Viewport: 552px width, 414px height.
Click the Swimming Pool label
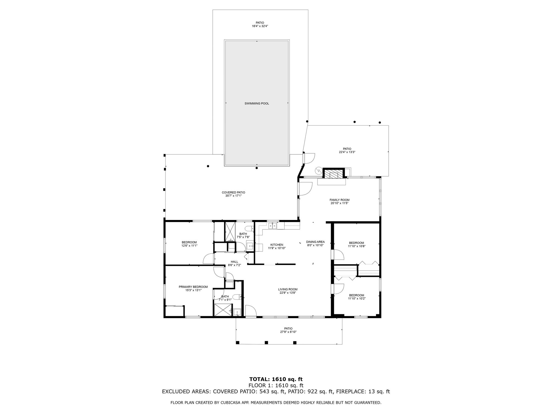coord(257,103)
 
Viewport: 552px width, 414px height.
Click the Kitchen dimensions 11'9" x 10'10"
coord(277,248)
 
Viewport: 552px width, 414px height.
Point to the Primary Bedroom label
coord(193,287)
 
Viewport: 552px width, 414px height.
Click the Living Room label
coord(288,289)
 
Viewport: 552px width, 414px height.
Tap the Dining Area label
coord(315,242)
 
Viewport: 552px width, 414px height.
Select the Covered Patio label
coord(233,192)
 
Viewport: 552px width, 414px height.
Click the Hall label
coord(234,262)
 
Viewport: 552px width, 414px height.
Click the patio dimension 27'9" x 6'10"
coord(288,332)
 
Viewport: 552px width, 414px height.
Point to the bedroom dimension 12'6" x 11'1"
coord(189,246)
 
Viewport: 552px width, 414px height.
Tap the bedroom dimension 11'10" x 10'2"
coord(357,298)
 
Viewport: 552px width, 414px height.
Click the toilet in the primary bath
coord(237,298)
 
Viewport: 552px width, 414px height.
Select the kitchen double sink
coord(273,225)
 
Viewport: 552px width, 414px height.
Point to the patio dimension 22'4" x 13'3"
coord(347,152)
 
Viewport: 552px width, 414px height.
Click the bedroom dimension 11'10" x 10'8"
coord(357,246)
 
